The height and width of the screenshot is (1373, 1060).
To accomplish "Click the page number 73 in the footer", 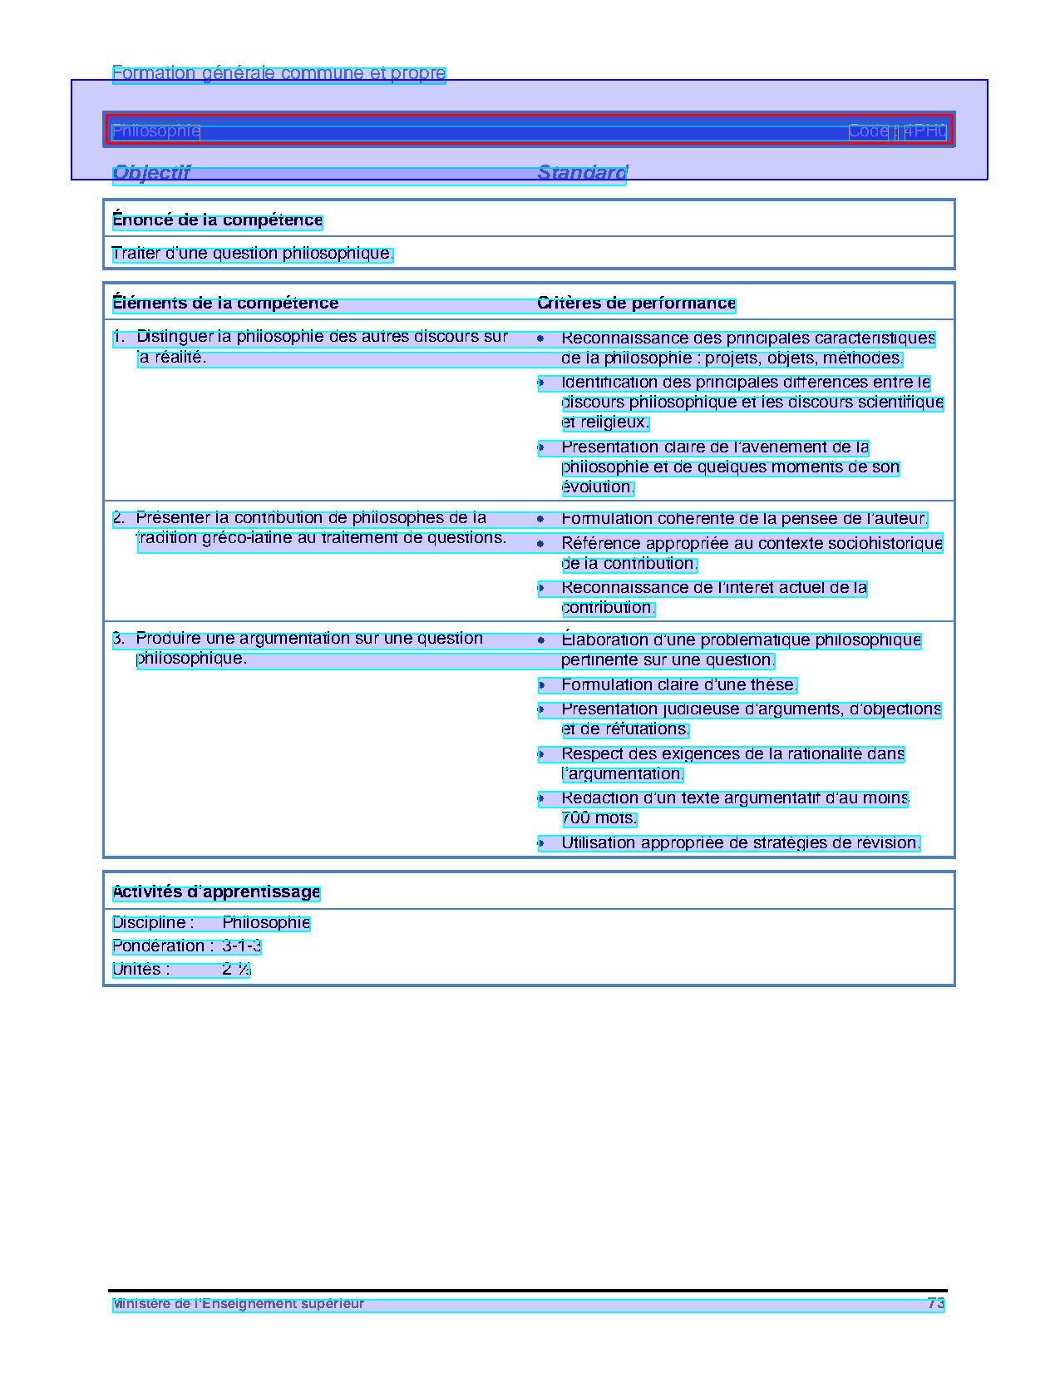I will (936, 1303).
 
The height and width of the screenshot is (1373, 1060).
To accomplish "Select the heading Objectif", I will (151, 173).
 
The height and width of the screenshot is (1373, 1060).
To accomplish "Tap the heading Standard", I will (582, 173).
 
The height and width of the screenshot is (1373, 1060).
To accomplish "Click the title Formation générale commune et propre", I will (279, 73).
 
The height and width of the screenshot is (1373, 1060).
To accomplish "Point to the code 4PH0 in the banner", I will (925, 131).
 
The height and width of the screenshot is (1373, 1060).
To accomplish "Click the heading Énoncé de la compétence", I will (217, 220).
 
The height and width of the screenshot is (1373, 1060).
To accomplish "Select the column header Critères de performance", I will (636, 304).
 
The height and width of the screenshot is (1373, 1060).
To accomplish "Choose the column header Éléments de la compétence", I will (225, 304).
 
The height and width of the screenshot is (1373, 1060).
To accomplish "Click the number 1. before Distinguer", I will (119, 337).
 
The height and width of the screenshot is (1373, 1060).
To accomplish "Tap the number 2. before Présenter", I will (119, 518).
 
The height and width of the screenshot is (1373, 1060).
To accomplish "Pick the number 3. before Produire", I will (119, 639).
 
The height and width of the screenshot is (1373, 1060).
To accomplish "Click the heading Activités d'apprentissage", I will (216, 892).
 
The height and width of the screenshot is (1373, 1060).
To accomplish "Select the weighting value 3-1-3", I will (242, 946).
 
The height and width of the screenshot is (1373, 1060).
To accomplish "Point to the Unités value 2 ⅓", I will (236, 970).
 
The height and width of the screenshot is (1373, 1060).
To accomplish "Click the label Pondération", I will (158, 946).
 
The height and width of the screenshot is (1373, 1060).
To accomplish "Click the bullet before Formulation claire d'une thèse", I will (541, 686).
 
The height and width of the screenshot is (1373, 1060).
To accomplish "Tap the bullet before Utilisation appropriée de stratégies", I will (541, 844).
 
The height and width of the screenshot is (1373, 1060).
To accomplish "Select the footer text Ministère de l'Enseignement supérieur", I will (239, 1303).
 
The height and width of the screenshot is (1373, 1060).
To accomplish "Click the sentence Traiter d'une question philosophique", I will (252, 254).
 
